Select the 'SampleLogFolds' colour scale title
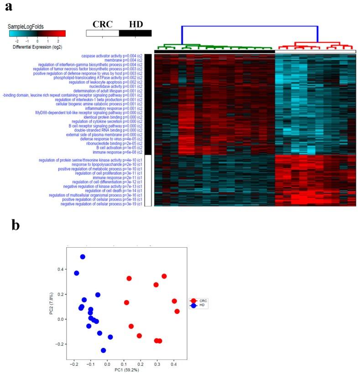[26, 26]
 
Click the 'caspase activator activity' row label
[112, 56]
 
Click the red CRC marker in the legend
[193, 301]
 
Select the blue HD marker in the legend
[193, 306]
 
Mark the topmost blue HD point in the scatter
[83, 257]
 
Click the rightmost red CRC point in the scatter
[177, 312]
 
